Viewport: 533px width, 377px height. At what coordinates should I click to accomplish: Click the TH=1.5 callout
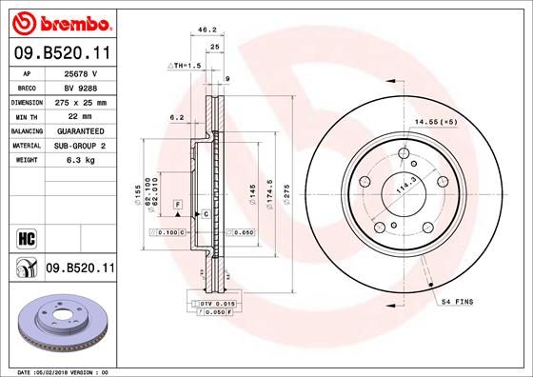point(184,65)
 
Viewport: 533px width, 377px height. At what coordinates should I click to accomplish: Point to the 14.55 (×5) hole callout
point(438,122)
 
